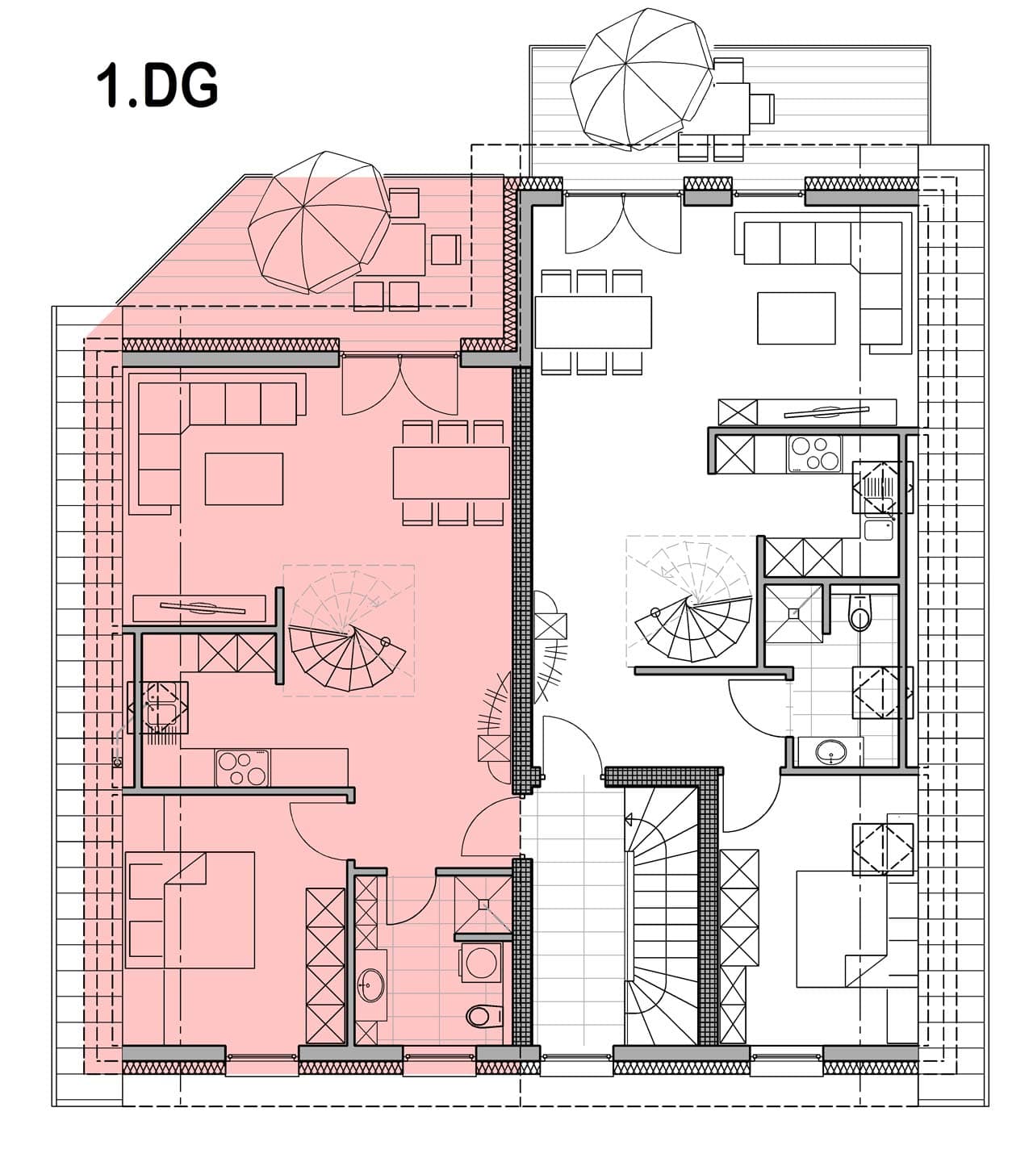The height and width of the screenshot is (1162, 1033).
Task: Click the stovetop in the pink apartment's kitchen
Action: [x=242, y=767]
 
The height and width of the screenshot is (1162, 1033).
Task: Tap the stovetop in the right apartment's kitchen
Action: [x=814, y=454]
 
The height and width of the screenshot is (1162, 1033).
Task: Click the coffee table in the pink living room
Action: [x=244, y=479]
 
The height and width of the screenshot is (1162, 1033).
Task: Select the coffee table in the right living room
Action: [x=796, y=318]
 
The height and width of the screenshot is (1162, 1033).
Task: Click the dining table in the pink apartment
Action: [x=451, y=473]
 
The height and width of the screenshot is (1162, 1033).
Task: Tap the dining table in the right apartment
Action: [x=593, y=322]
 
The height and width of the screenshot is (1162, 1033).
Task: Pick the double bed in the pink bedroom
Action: [x=190, y=910]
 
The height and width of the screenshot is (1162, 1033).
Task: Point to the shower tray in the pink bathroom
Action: [x=483, y=904]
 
